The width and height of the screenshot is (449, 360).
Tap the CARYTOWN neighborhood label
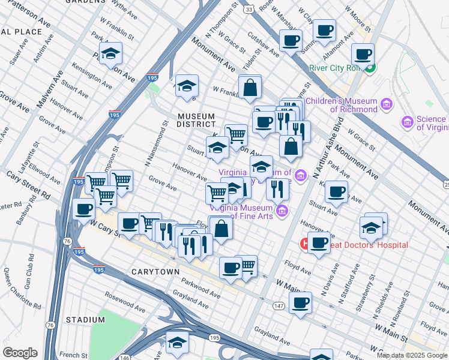[155, 272]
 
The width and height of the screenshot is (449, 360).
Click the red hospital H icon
[305, 245]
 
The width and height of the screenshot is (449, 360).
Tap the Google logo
[20, 353]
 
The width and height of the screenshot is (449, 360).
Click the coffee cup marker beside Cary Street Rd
[83, 209]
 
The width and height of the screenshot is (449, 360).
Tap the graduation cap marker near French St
[177, 343]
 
